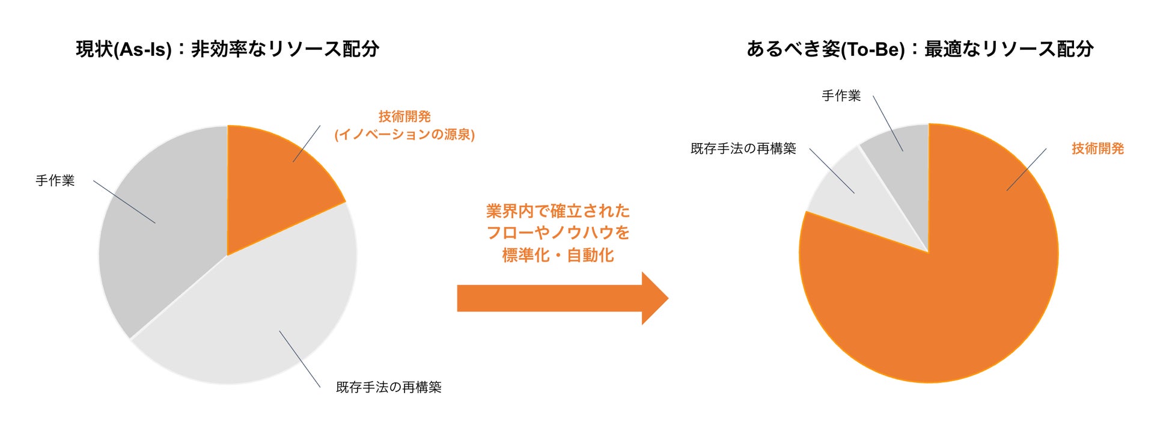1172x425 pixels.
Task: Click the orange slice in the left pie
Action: click(270, 180)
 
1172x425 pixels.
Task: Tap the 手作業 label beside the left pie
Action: click(55, 180)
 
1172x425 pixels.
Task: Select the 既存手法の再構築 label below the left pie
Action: click(388, 387)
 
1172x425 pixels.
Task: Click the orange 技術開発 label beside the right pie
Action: click(1097, 148)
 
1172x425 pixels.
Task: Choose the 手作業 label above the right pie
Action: click(841, 96)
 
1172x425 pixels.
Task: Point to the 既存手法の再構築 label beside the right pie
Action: click(743, 148)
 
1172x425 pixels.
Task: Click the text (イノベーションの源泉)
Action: click(404, 134)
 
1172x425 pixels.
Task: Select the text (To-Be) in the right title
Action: click(872, 49)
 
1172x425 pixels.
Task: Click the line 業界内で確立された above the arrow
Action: click(558, 211)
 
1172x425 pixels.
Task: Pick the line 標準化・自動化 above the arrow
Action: click(558, 255)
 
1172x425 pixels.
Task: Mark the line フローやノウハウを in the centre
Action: click(558, 233)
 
